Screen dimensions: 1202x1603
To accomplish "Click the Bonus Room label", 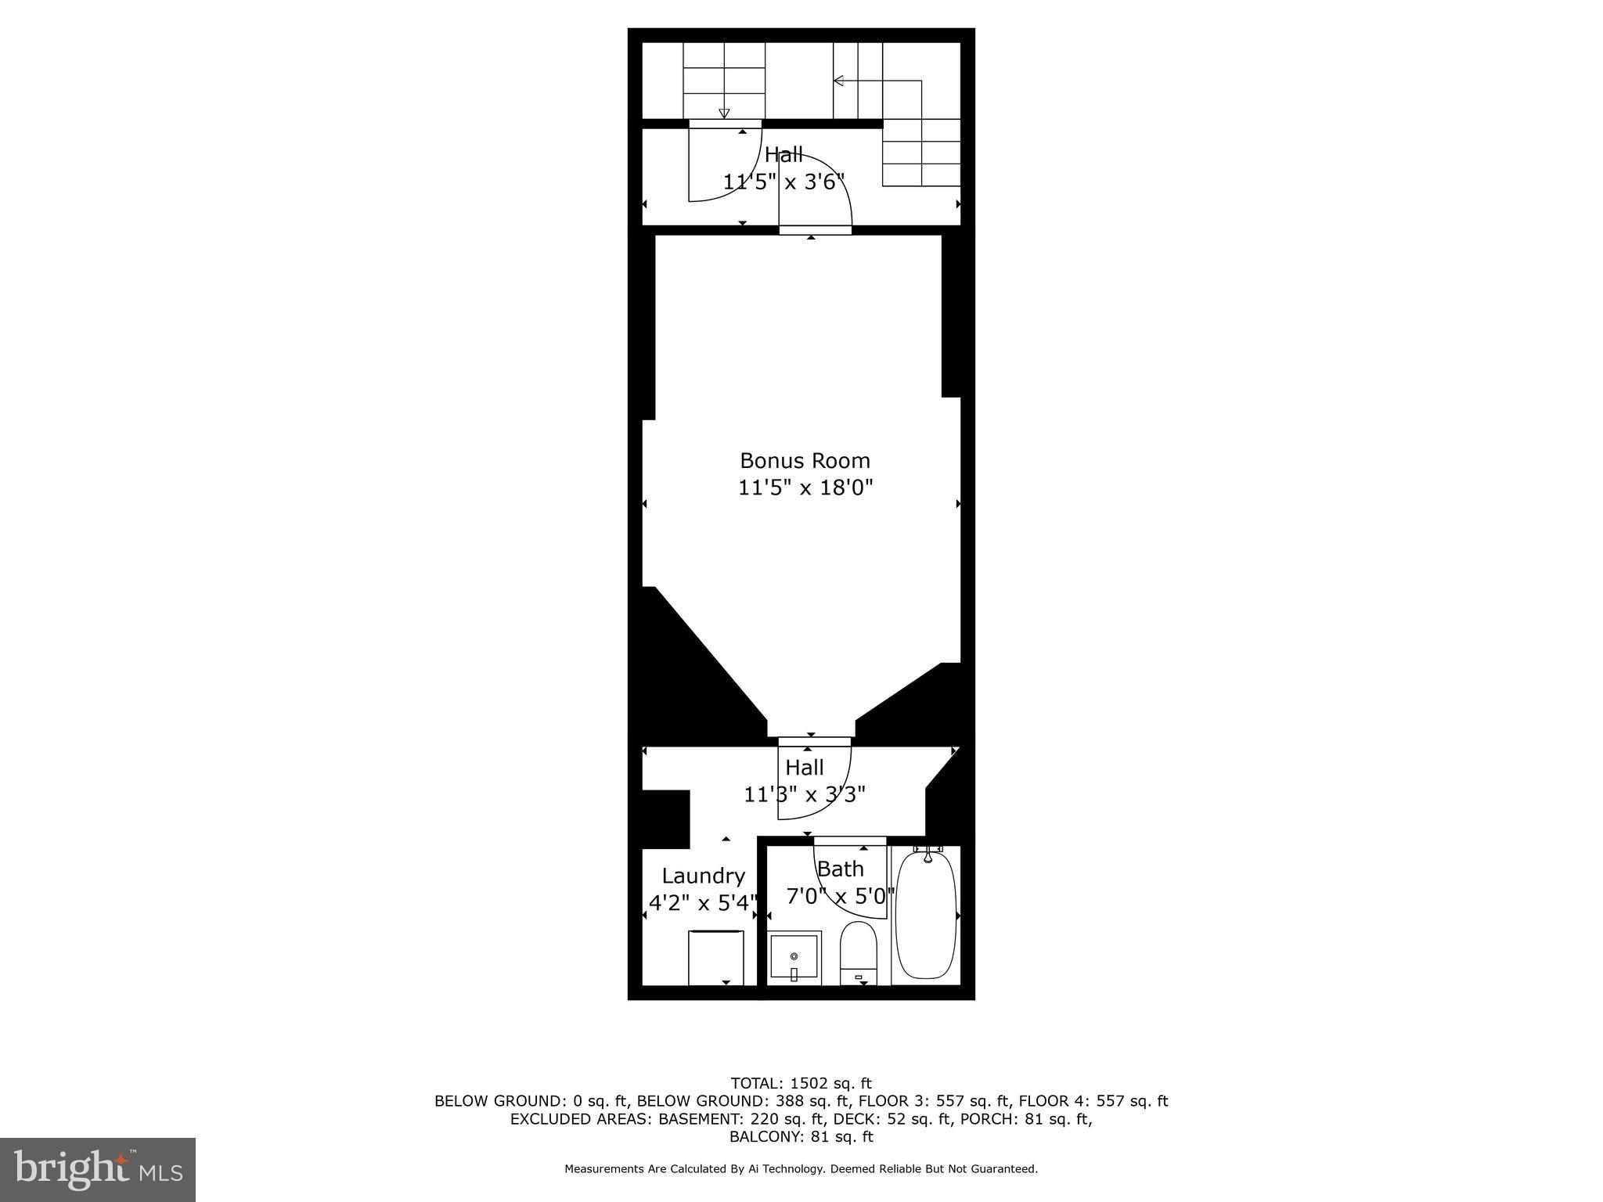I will pyautogui.click(x=805, y=460).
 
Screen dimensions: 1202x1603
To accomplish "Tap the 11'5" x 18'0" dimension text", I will pyautogui.click(x=805, y=488).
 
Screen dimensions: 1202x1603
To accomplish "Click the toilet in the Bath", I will pyautogui.click(x=859, y=953).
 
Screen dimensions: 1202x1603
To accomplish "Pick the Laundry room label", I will pyautogui.click(x=703, y=876).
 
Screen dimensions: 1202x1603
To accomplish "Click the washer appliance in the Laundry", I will pyautogui.click(x=715, y=957).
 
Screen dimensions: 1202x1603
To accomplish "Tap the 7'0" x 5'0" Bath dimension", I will pyautogui.click(x=840, y=896).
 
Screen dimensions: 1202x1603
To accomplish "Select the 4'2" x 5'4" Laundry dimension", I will pyautogui.click(x=703, y=903).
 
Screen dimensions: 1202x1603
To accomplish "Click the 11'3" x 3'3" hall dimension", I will pyautogui.click(x=805, y=795).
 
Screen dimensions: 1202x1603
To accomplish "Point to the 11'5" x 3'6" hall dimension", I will pyautogui.click(x=783, y=182).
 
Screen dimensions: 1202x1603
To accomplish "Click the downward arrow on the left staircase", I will pyautogui.click(x=724, y=113).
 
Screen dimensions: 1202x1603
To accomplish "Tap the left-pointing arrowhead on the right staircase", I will pyautogui.click(x=838, y=81).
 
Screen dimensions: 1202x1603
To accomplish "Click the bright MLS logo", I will pyautogui.click(x=98, y=1169).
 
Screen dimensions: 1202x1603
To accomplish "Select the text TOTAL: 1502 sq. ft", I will pyautogui.click(x=801, y=1084).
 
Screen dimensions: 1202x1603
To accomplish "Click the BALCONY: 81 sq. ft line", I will pyautogui.click(x=801, y=1137).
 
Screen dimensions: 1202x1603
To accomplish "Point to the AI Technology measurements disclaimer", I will pyautogui.click(x=801, y=1169).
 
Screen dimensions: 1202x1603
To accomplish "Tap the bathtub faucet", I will pyautogui.click(x=928, y=855).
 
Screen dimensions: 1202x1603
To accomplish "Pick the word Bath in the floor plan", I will pyautogui.click(x=840, y=869).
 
